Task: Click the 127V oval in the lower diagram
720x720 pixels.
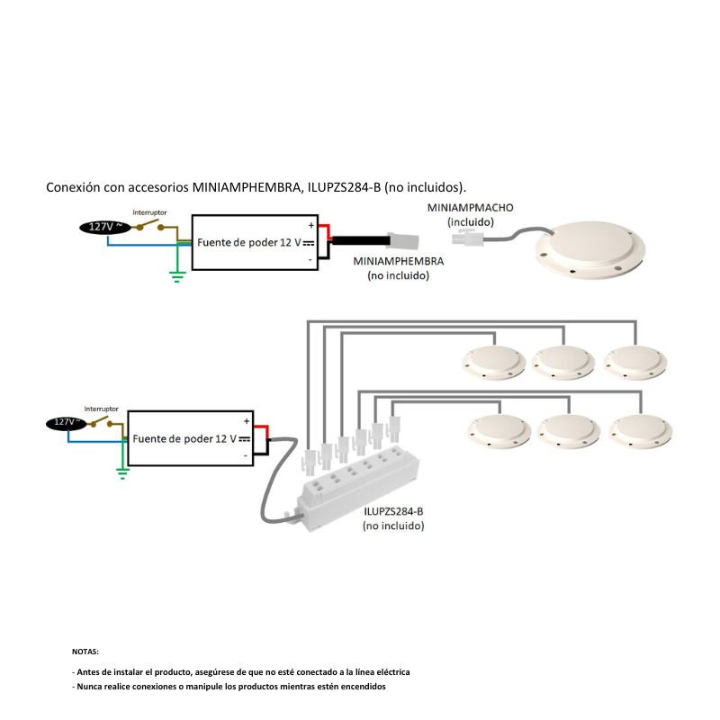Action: click(x=65, y=422)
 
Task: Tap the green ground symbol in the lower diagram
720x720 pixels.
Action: click(x=123, y=471)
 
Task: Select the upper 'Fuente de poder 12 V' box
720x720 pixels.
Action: click(x=255, y=242)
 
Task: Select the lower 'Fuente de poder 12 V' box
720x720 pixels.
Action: click(x=189, y=438)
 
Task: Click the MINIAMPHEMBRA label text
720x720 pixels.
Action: click(x=399, y=261)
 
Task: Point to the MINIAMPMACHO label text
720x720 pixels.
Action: click(x=470, y=208)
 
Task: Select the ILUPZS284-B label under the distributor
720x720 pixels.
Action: click(x=393, y=511)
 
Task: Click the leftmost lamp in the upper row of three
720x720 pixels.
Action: click(x=492, y=362)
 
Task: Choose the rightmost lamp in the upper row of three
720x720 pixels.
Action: click(x=636, y=362)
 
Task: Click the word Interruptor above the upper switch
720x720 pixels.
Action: click(x=149, y=212)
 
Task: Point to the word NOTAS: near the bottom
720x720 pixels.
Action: click(x=85, y=651)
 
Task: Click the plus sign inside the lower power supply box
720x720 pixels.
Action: click(x=246, y=420)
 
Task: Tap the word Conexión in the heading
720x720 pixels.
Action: click(x=74, y=187)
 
